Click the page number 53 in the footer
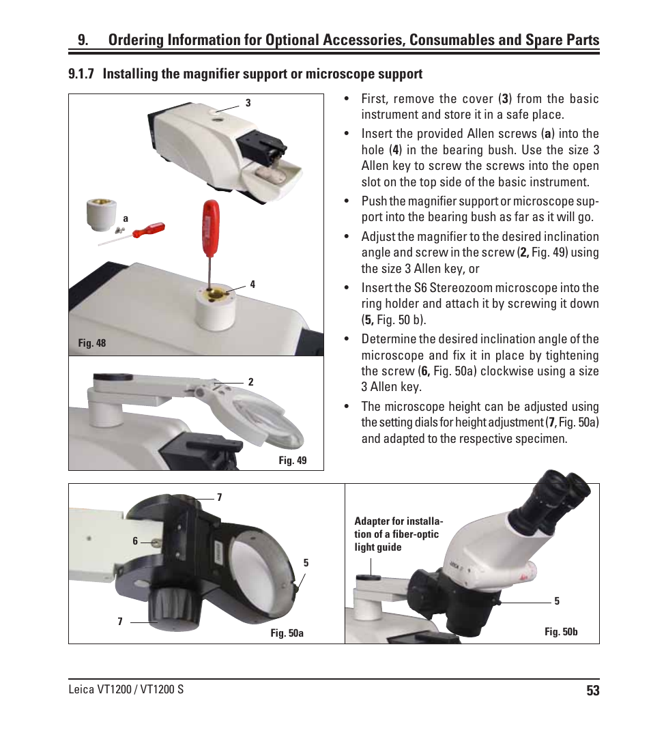(x=592, y=691)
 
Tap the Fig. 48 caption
(x=92, y=343)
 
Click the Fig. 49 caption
(x=292, y=461)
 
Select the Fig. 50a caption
(x=287, y=633)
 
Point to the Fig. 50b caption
(x=561, y=632)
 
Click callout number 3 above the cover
(x=248, y=103)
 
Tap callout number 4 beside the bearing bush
(x=252, y=285)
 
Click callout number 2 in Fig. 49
(x=250, y=382)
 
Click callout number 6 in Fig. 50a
(x=135, y=540)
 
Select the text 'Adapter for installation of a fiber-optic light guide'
(x=399, y=534)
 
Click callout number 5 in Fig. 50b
(x=557, y=601)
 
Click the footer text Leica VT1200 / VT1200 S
(x=126, y=689)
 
